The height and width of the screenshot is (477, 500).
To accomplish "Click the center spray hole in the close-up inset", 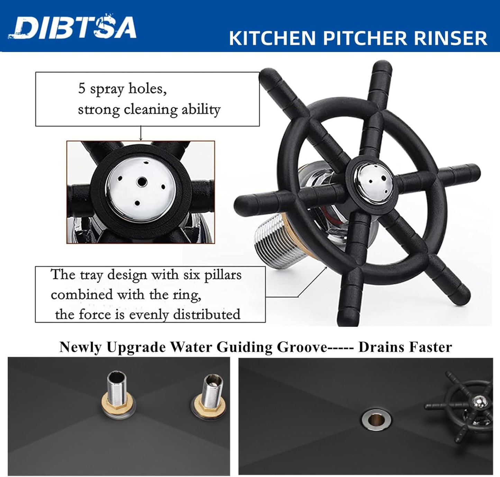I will click(x=141, y=181).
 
